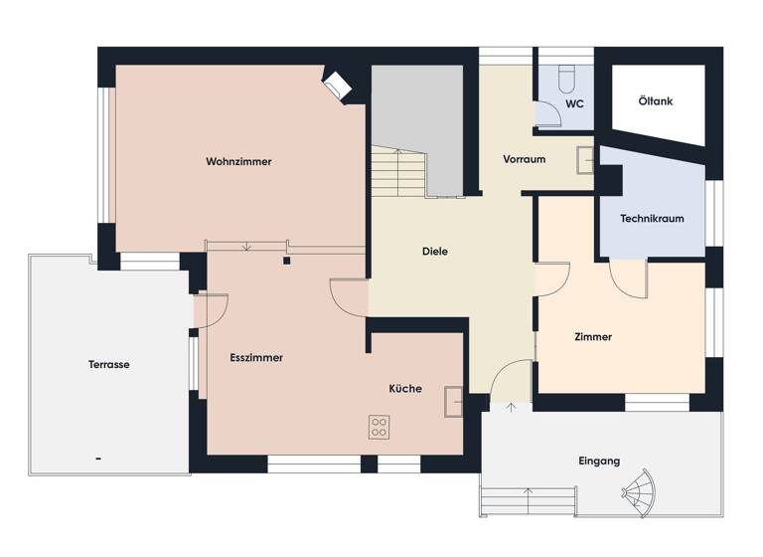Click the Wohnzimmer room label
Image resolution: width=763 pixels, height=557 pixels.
(x=238, y=161)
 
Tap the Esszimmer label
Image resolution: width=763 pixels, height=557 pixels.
(x=256, y=357)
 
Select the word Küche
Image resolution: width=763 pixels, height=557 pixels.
(x=405, y=389)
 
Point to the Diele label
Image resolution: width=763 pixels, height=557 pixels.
(x=433, y=252)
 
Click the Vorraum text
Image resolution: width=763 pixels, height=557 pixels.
(x=524, y=159)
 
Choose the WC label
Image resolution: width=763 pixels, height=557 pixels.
(x=573, y=103)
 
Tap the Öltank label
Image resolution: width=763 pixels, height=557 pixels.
(x=656, y=100)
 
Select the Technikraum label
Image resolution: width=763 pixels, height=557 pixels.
(x=651, y=219)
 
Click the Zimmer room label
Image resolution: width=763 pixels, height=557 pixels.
(x=593, y=337)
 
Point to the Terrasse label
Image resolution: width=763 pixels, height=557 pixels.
(x=108, y=364)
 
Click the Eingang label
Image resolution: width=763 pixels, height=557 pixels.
(x=599, y=461)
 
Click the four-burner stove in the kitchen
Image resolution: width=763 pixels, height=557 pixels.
(x=380, y=428)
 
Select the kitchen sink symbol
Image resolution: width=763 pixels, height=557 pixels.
(x=455, y=399)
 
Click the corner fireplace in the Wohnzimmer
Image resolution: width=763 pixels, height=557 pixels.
(x=338, y=85)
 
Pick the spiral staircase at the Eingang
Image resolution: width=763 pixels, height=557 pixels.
(x=638, y=489)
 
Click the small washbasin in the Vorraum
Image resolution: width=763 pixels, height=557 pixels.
(x=586, y=159)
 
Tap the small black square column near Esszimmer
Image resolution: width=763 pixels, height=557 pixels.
(x=286, y=262)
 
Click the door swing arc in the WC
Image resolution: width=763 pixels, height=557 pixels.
(x=550, y=114)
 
